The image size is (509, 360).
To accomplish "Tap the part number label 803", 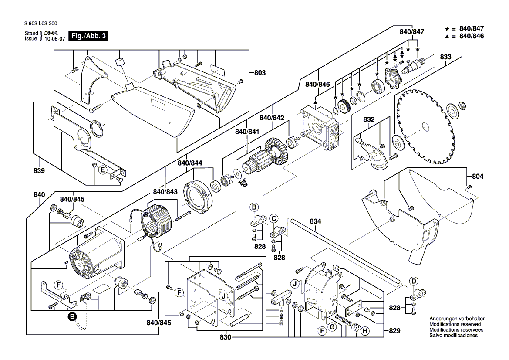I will tap(260, 73).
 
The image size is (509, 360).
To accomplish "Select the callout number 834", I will tap(316, 222).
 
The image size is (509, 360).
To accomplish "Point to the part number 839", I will tap(39, 171).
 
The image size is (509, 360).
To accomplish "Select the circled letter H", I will tap(365, 332).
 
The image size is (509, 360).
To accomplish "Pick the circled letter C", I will tap(273, 218).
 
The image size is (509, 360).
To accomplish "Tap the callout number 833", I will tap(445, 57).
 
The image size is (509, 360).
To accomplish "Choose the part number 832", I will tap(369, 119).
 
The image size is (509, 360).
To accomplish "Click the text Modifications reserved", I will tap(455, 325).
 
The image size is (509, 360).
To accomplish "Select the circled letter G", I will tap(332, 327).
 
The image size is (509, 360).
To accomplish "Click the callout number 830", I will tap(226, 338).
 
